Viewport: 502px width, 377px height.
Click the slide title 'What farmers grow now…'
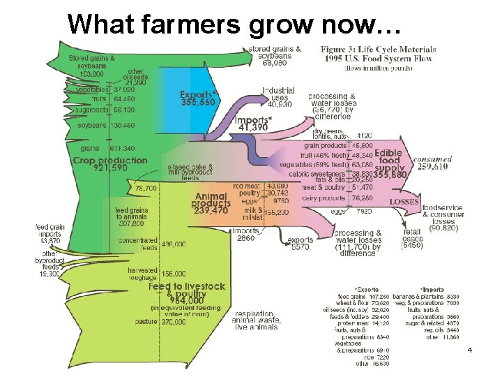pyautogui.click(x=234, y=24)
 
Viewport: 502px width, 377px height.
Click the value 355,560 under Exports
pyautogui.click(x=198, y=103)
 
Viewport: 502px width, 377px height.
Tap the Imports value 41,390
pyautogui.click(x=254, y=128)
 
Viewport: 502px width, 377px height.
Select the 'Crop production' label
pyautogui.click(x=110, y=161)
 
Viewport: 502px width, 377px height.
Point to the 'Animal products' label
pyautogui.click(x=212, y=203)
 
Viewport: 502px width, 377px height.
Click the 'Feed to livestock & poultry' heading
pyautogui.click(x=186, y=290)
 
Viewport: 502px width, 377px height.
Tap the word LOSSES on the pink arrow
pyautogui.click(x=404, y=202)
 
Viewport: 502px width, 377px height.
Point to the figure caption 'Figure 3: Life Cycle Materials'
pyautogui.click(x=379, y=50)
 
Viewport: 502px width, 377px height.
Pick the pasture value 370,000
pyautogui.click(x=170, y=321)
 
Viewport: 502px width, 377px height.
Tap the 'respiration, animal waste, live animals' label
pyautogui.click(x=258, y=320)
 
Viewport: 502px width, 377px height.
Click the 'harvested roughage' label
pyautogui.click(x=142, y=274)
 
